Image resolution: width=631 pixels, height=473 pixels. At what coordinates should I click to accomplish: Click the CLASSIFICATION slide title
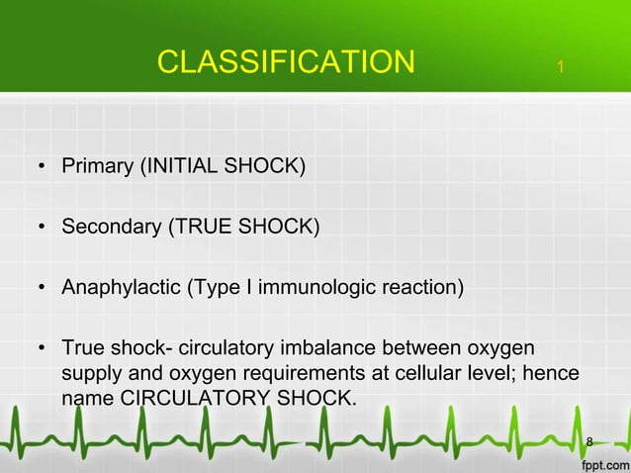click(x=286, y=62)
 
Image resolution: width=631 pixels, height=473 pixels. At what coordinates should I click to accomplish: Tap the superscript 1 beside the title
click(x=560, y=67)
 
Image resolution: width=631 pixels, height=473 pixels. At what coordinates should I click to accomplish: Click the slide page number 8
click(x=589, y=440)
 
